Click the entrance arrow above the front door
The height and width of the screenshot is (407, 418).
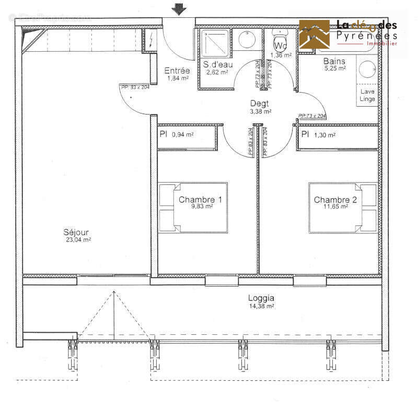point(179,8)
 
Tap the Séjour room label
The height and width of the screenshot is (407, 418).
point(76,232)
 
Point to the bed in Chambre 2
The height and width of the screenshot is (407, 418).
point(342,208)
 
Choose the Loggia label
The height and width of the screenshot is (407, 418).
point(261,298)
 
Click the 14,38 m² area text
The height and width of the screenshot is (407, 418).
point(261,306)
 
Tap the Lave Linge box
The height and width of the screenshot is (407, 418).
point(368,95)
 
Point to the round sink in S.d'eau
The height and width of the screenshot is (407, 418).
point(246,39)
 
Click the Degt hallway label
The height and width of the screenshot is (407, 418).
point(260,104)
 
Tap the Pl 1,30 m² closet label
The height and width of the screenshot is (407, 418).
point(319,134)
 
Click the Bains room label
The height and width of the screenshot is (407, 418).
point(334,61)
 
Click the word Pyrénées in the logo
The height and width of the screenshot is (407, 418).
point(366,36)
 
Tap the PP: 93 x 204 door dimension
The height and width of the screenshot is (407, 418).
point(135,87)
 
